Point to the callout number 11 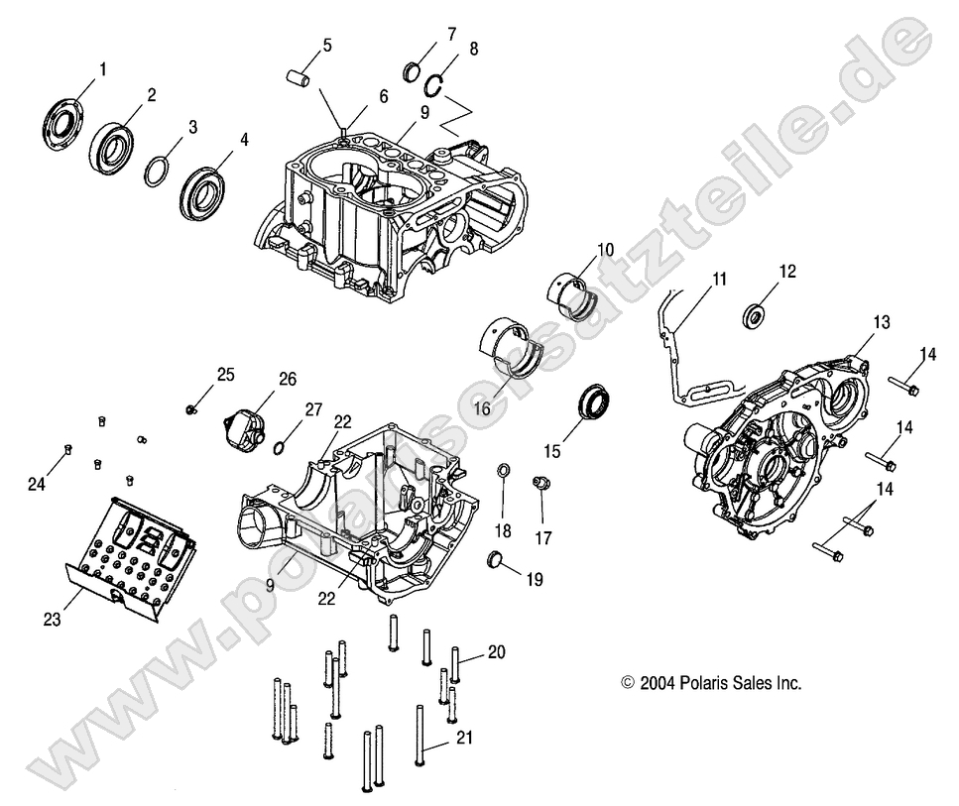[x=718, y=280]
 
